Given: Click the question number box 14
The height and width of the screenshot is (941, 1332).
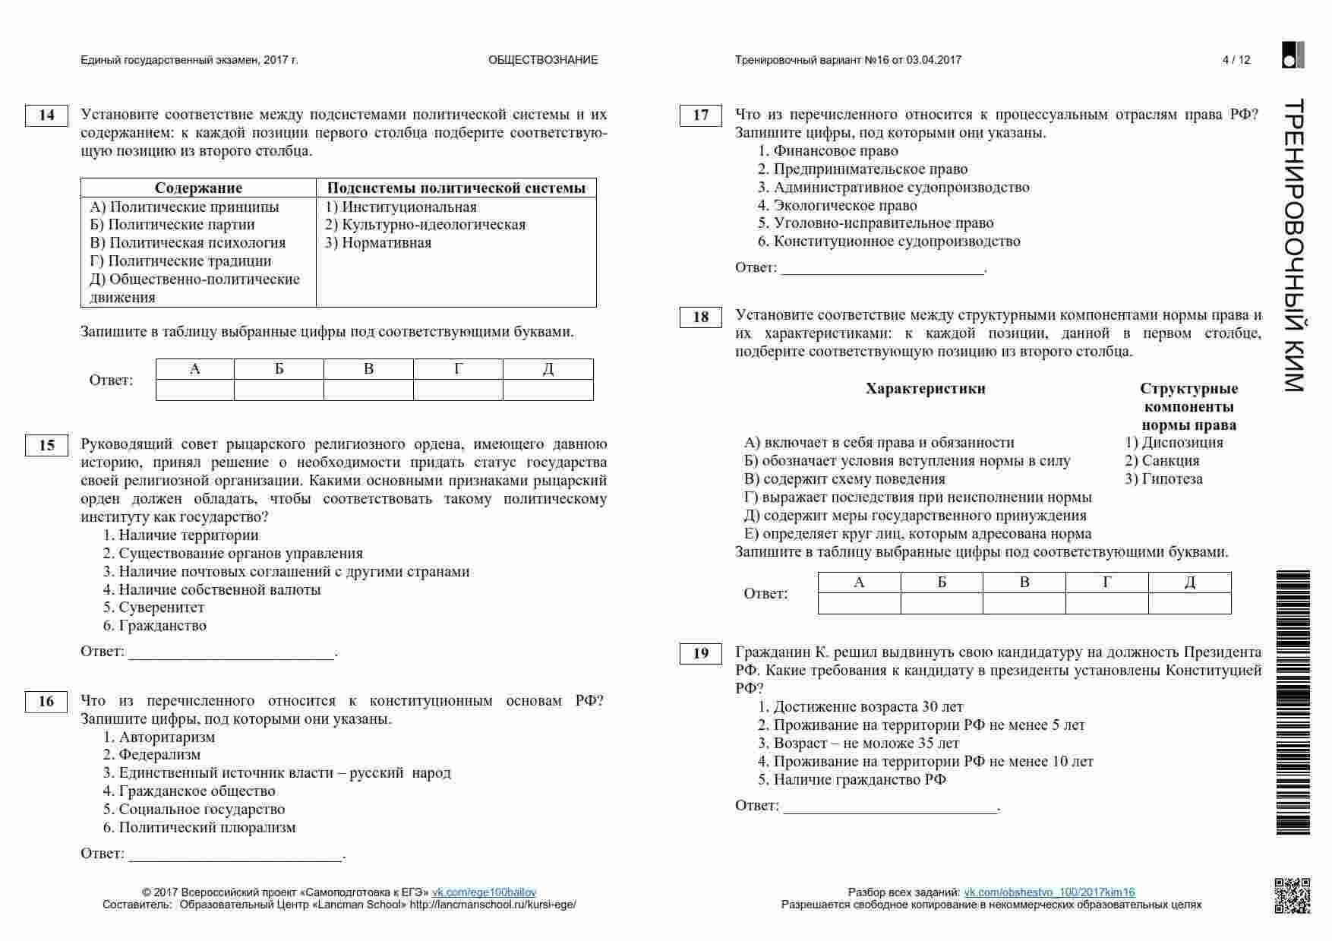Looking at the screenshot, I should pyautogui.click(x=46, y=115).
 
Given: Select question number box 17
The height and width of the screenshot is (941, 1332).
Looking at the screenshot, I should pyautogui.click(x=700, y=115).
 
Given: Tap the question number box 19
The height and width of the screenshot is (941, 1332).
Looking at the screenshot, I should pyautogui.click(x=700, y=653).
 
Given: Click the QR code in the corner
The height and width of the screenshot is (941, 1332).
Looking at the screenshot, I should pyautogui.click(x=1292, y=895).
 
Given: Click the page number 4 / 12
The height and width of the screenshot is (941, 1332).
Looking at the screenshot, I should pyautogui.click(x=1236, y=60).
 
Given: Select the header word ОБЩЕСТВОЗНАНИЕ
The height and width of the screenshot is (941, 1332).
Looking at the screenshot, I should pyautogui.click(x=543, y=60).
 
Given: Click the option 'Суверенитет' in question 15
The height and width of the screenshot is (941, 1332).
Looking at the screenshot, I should pyautogui.click(x=161, y=608).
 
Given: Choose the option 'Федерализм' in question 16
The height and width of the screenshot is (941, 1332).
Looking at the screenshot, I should pyautogui.click(x=159, y=755).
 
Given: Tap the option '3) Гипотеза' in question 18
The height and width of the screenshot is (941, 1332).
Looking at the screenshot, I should pyautogui.click(x=1163, y=479).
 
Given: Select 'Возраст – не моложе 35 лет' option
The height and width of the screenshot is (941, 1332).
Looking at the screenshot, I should pyautogui.click(x=866, y=744).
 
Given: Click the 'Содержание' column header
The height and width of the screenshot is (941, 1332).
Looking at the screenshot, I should pyautogui.click(x=198, y=188).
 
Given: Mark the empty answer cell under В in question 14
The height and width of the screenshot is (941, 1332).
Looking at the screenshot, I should pyautogui.click(x=368, y=390).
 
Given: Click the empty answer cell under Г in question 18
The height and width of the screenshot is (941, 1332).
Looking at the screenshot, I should pyautogui.click(x=1106, y=604).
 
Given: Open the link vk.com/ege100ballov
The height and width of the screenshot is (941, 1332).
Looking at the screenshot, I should pyautogui.click(x=484, y=892).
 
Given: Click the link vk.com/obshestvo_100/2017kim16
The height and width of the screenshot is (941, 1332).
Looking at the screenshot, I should pyautogui.click(x=1049, y=892).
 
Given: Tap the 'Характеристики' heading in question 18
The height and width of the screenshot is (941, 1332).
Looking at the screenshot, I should pyautogui.click(x=925, y=389).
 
